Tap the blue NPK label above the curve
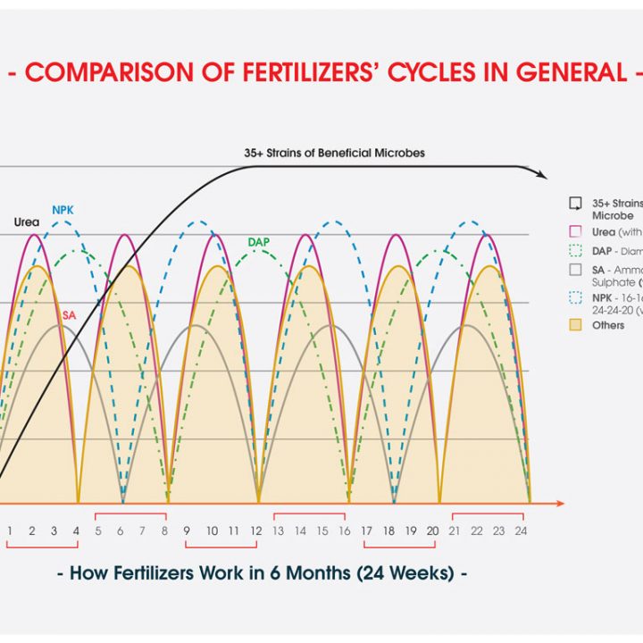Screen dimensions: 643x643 63,210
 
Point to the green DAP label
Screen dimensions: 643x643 259,241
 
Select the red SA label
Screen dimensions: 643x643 69,314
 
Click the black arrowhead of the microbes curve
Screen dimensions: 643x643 542,176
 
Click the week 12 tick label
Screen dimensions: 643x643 255,530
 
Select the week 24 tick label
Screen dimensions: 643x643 522,530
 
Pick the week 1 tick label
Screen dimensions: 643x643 10,530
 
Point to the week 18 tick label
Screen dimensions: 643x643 389,530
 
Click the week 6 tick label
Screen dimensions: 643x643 120,530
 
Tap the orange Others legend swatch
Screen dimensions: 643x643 576,326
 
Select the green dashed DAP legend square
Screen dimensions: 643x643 576,251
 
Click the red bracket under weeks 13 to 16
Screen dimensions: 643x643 310,516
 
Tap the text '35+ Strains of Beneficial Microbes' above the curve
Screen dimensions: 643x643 334,153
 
